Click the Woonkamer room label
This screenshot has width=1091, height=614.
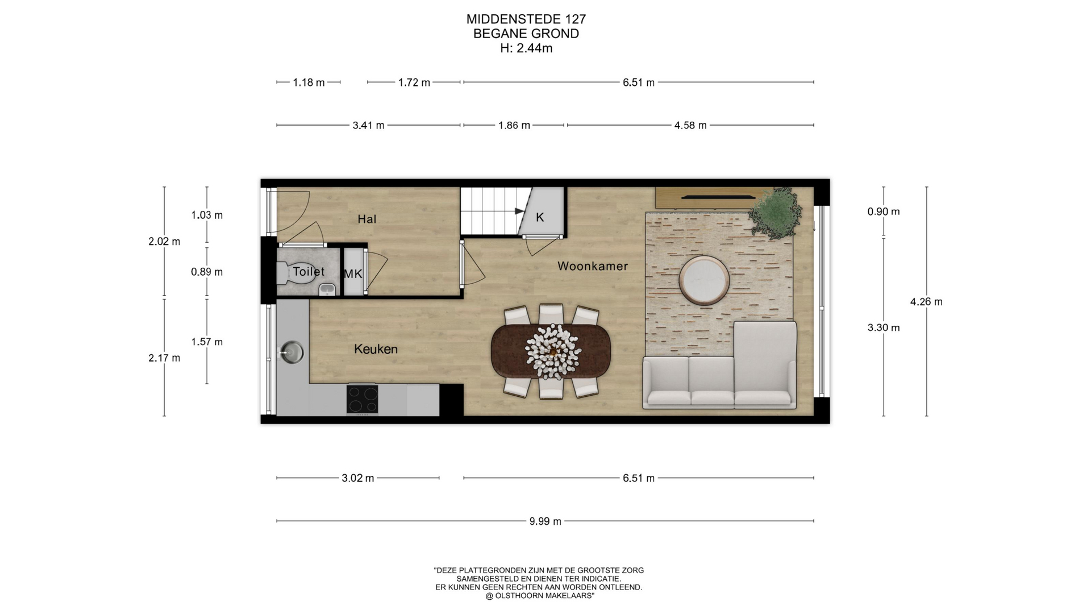593,265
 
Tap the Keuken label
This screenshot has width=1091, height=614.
376,349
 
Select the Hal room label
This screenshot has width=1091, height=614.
367,219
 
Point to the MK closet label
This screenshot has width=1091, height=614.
353,274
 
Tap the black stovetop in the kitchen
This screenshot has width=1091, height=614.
363,399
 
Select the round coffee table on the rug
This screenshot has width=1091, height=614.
705,280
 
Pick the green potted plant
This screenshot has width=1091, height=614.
776,211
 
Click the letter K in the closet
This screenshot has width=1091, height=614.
540,217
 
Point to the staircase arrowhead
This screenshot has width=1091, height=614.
519,211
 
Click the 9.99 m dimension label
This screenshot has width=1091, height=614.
545,521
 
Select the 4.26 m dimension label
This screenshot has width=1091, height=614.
926,302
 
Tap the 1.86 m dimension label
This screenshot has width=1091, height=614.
514,125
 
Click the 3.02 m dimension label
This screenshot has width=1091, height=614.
358,478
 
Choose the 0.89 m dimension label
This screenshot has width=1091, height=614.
207,272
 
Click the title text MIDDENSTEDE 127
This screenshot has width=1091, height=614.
526,19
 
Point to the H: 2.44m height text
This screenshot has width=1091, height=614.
526,48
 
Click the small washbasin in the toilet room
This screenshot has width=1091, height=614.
327,290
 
